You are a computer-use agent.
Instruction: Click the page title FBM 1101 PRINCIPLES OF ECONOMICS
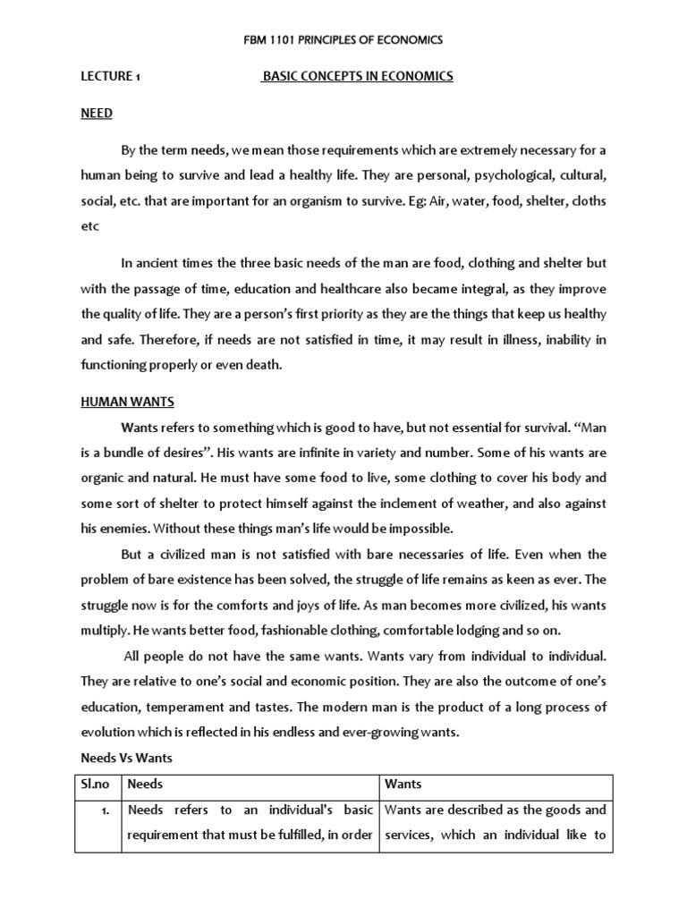click(343, 40)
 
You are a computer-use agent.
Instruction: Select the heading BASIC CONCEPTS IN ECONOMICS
click(357, 77)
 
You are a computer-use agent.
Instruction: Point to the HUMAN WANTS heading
click(127, 403)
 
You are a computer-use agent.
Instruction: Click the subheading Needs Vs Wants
click(126, 758)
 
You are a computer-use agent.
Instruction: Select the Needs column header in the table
click(146, 785)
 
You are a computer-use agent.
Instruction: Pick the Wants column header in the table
click(403, 785)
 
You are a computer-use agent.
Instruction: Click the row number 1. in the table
click(106, 810)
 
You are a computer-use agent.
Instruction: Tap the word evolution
click(110, 733)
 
